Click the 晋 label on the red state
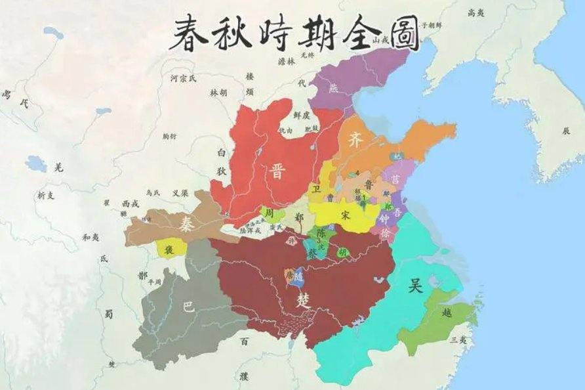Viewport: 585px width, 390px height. [276, 172]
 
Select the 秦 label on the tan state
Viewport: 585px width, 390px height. [186, 225]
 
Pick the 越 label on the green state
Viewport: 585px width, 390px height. [447, 313]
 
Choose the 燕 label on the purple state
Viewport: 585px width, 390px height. [334, 88]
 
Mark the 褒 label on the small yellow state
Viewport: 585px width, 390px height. [169, 249]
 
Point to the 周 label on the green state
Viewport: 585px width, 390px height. [268, 213]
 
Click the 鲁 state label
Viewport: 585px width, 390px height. [369, 185]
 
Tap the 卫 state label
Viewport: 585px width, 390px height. [316, 189]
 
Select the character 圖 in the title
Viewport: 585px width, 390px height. [397, 33]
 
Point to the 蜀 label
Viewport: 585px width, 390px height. [108, 314]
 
